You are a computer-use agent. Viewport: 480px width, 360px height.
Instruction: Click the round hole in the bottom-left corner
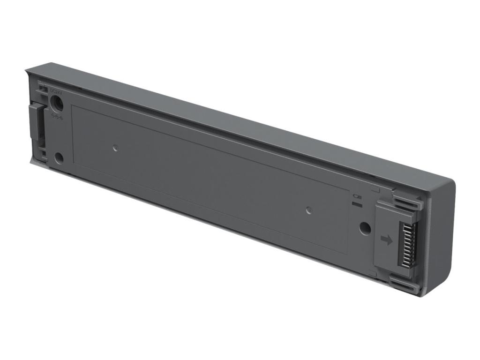pos(59,158)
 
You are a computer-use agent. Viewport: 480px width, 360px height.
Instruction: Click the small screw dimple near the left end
pos(115,149)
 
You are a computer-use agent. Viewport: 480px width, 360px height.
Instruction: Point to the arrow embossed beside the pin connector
pos(387,240)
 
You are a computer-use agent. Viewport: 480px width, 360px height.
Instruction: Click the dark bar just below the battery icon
pos(358,204)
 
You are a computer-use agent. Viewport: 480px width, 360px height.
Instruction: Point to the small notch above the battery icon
pos(375,190)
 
